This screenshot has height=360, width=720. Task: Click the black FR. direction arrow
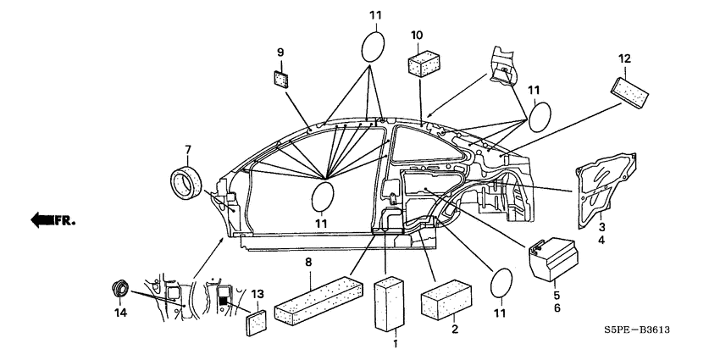click(x=42, y=220)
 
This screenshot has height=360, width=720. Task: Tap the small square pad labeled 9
click(x=281, y=80)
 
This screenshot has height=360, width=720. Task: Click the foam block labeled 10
click(x=424, y=64)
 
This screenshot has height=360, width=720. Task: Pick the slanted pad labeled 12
click(x=629, y=93)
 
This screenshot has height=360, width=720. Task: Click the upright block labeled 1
click(x=390, y=303)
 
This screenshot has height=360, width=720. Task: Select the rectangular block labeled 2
click(x=446, y=299)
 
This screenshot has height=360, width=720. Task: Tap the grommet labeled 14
click(x=121, y=289)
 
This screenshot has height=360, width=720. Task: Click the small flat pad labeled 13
click(x=256, y=324)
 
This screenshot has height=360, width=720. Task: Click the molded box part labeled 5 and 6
click(x=554, y=258)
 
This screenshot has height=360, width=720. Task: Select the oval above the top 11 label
click(x=373, y=47)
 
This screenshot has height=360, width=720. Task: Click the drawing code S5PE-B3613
click(x=636, y=330)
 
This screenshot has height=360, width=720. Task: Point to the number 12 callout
click(x=624, y=58)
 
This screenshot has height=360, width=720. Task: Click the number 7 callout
click(x=188, y=150)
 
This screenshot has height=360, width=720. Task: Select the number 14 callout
click(x=120, y=313)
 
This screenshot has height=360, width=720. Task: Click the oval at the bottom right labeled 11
click(x=501, y=283)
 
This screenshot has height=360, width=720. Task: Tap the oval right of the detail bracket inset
click(x=540, y=117)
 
